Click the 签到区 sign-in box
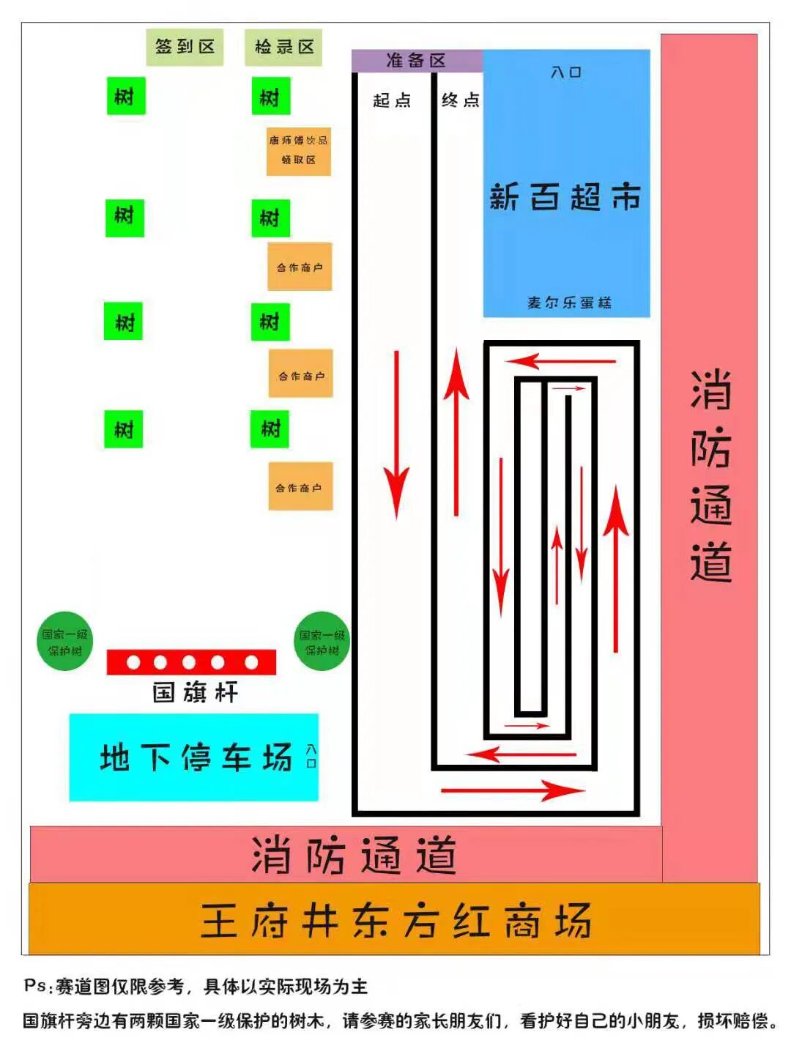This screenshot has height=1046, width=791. (x=185, y=47)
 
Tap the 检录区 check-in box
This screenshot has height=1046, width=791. (x=283, y=48)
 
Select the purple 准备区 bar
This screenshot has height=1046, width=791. (x=416, y=61)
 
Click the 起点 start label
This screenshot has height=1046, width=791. (x=392, y=100)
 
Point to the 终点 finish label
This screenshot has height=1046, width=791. (x=460, y=100)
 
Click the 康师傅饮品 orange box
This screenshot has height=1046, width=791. (x=298, y=150)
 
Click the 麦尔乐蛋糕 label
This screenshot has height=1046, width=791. (x=568, y=303)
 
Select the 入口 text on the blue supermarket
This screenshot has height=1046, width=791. (x=565, y=73)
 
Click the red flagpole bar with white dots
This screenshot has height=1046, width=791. (x=191, y=662)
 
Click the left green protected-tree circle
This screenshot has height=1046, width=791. (x=65, y=642)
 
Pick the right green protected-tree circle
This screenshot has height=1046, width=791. (x=322, y=642)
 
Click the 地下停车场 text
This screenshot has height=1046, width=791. (x=196, y=757)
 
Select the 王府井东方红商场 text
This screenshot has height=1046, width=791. (x=395, y=921)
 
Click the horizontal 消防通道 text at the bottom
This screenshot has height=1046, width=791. (x=354, y=855)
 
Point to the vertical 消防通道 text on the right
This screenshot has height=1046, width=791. (x=710, y=476)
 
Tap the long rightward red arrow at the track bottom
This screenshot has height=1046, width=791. (x=512, y=790)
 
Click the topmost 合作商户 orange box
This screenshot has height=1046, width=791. (x=300, y=267)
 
